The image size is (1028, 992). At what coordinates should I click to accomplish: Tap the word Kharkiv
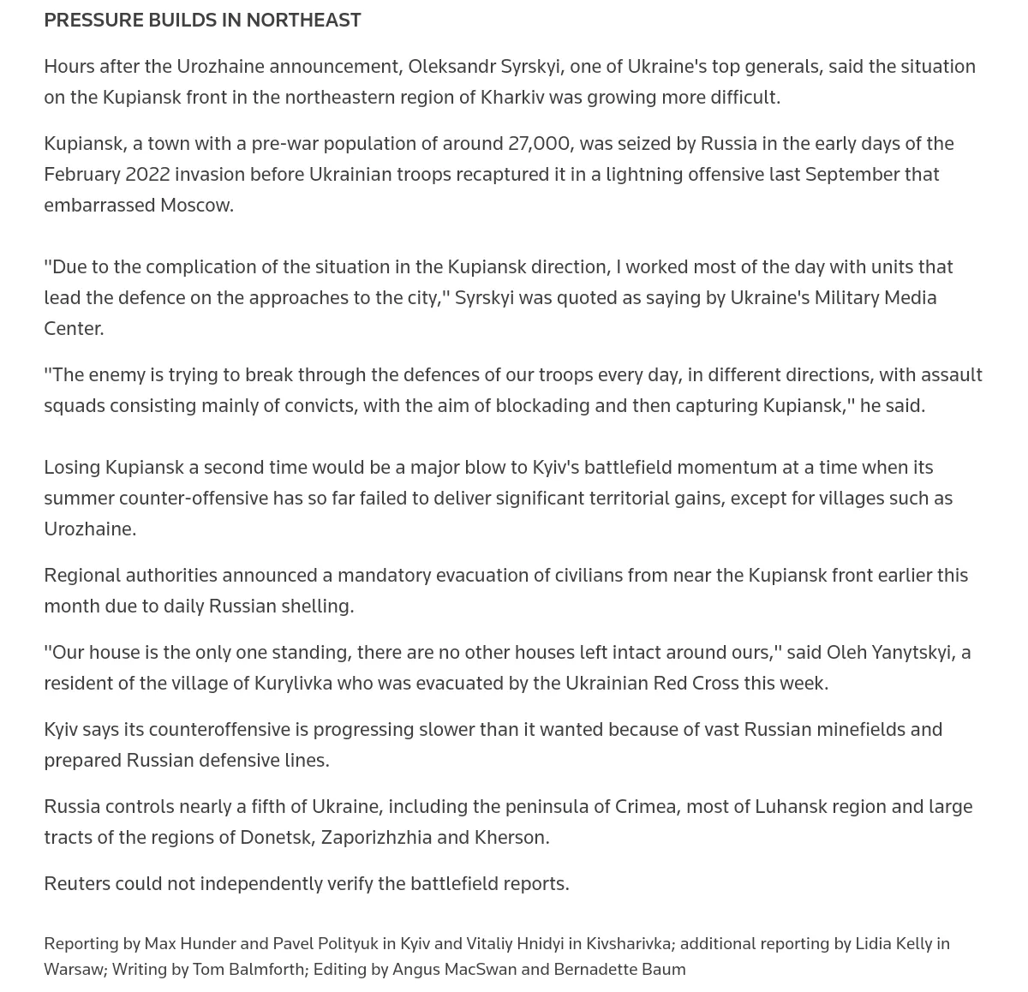click(512, 98)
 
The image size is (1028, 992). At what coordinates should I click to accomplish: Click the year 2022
click(147, 175)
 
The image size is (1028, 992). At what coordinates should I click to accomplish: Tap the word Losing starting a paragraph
click(72, 468)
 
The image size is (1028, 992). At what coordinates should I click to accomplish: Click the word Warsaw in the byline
click(73, 970)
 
